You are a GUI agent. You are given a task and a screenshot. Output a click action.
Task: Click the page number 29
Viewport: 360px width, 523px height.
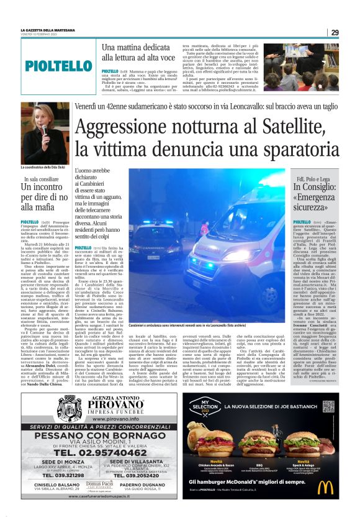tap(335, 33)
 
